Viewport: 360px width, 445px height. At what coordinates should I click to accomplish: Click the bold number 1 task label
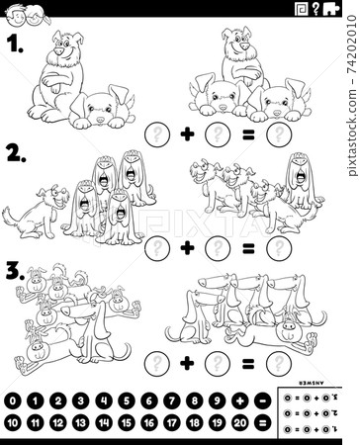tap(13, 44)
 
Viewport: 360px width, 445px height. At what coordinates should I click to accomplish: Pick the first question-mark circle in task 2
tap(153, 247)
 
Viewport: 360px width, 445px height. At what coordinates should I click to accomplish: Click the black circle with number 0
tap(13, 401)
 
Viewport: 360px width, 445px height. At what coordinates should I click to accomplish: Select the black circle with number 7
tap(148, 401)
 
